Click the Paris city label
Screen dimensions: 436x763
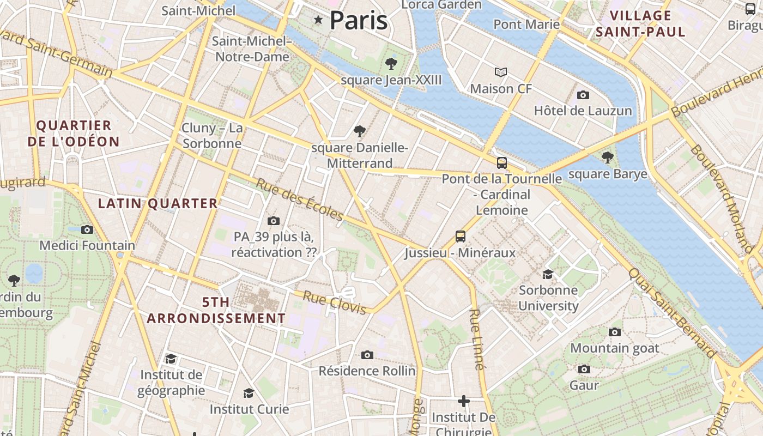(x=359, y=21)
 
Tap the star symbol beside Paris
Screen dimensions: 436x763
(x=318, y=20)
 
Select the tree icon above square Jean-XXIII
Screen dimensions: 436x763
(x=391, y=64)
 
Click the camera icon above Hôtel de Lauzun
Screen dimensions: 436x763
(x=583, y=95)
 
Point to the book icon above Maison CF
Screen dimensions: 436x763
(x=501, y=72)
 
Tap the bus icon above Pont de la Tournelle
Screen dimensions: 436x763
(x=502, y=162)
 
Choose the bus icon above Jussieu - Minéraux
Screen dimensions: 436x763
(x=461, y=237)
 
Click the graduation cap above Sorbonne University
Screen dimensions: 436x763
(x=548, y=274)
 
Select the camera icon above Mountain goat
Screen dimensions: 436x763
(x=615, y=332)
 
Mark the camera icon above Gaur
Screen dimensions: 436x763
(x=584, y=369)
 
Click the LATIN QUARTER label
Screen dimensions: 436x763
(x=158, y=204)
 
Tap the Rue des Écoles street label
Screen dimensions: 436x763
(x=300, y=200)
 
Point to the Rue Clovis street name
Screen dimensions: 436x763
(x=335, y=303)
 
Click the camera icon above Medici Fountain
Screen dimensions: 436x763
(x=87, y=229)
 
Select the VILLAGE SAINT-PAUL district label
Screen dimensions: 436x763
(x=640, y=23)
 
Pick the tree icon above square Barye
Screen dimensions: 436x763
(x=608, y=158)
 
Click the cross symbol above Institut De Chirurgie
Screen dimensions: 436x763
(x=464, y=402)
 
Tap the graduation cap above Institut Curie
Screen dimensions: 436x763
(x=249, y=393)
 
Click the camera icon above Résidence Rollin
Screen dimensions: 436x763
(x=367, y=355)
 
